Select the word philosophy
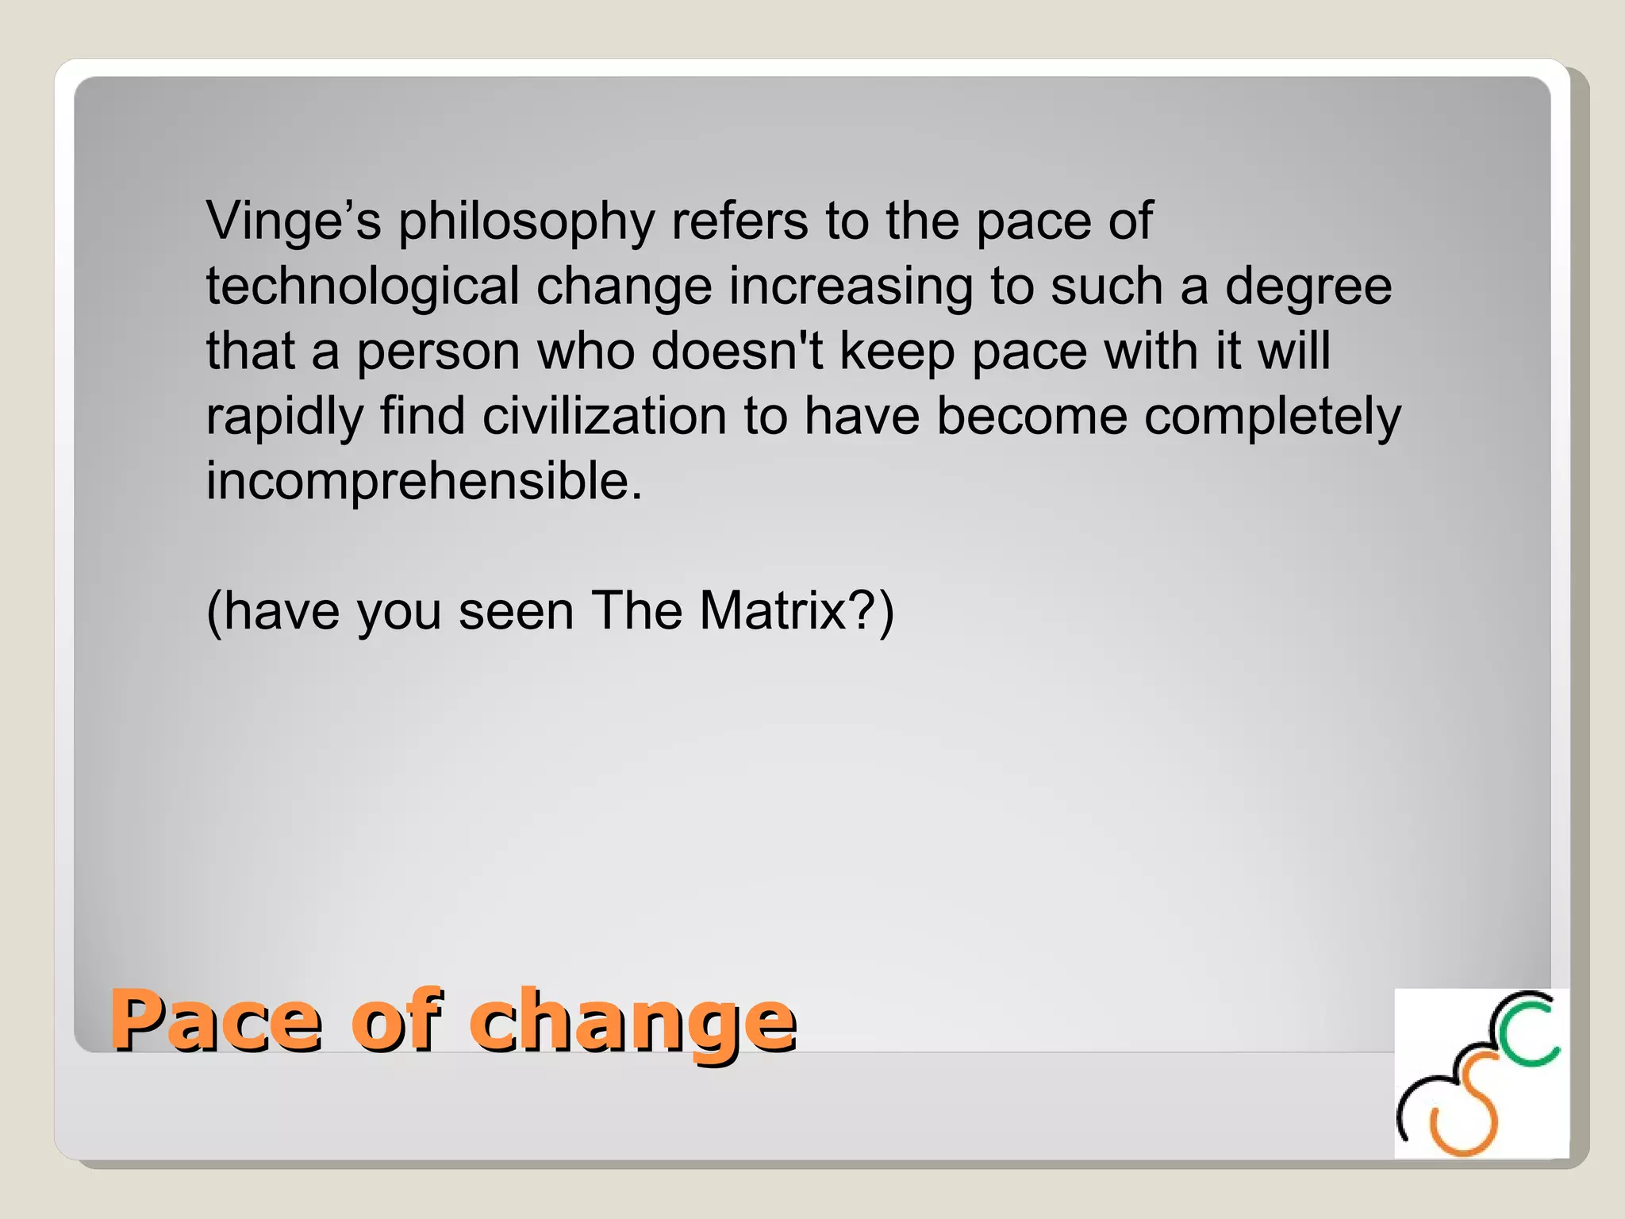526,222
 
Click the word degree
1308,287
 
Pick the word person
438,352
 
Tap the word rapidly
284,418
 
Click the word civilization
605,417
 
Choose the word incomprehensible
424,482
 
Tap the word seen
516,612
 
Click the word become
1031,417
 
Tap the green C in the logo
1528,1032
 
